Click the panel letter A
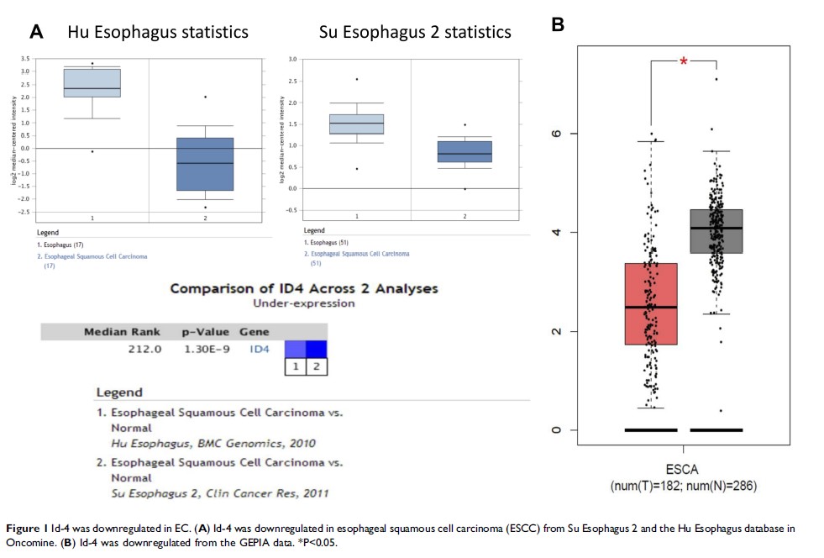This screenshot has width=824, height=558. pyautogui.click(x=36, y=33)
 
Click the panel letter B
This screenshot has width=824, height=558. pyautogui.click(x=558, y=26)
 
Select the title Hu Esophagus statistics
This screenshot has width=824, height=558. pyautogui.click(x=158, y=33)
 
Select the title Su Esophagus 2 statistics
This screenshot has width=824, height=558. pyautogui.click(x=415, y=33)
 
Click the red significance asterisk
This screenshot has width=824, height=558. pyautogui.click(x=683, y=61)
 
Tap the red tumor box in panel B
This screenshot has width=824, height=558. pyautogui.click(x=650, y=304)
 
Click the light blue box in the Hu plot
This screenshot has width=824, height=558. pyautogui.click(x=92, y=82)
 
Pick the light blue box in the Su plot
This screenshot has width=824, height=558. pyautogui.click(x=356, y=124)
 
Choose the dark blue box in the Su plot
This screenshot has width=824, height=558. pyautogui.click(x=464, y=151)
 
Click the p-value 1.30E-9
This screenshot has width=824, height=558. pyautogui.click(x=206, y=348)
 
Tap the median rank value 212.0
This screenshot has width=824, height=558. pyautogui.click(x=144, y=348)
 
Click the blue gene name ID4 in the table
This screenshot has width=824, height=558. pyautogui.click(x=260, y=348)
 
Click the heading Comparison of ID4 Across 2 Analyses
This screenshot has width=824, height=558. pyautogui.click(x=303, y=288)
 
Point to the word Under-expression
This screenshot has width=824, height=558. pyautogui.click(x=303, y=303)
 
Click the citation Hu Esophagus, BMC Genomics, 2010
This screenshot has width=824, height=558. pyautogui.click(x=214, y=443)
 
